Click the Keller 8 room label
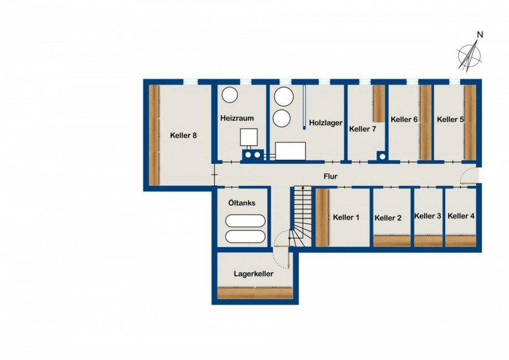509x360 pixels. point(183,135)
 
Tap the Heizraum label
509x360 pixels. point(237,118)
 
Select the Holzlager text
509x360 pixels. point(325,123)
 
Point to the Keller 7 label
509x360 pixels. point(362,129)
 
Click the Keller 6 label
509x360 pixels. point(404,119)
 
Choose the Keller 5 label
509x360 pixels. point(450,119)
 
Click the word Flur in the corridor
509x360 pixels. point(331,177)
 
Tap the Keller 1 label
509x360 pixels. point(346,217)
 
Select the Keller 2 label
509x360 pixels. point(388,218)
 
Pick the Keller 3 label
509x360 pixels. point(428,216)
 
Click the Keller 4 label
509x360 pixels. point(461,216)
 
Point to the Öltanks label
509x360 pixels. point(242,203)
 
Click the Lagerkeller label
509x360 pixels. point(253,273)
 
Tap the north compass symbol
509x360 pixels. point(470,55)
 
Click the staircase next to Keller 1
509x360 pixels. point(302,216)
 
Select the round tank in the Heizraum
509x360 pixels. point(230,95)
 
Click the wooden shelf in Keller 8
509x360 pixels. point(154,135)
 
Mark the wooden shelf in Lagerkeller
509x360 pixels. point(254,293)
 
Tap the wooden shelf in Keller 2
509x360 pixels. point(392,241)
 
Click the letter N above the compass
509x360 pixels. point(480,35)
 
